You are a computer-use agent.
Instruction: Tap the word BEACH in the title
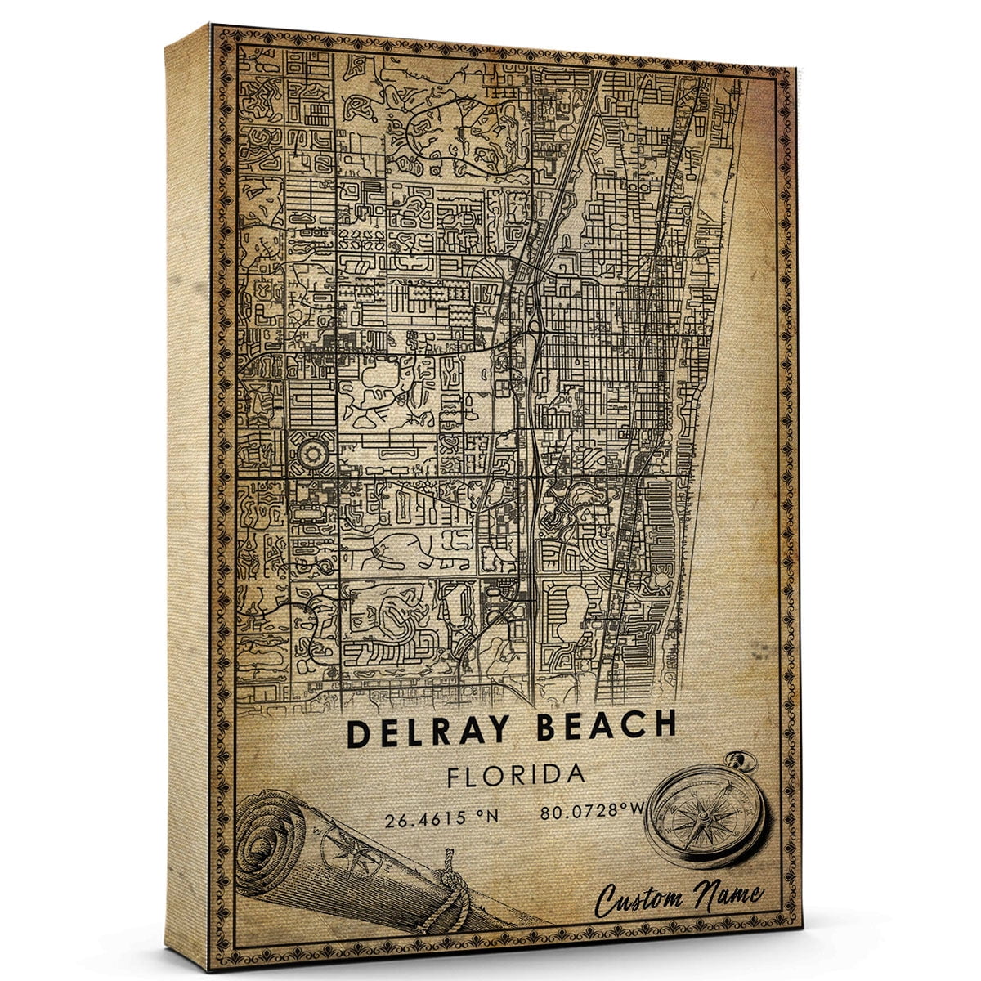coord(607,727)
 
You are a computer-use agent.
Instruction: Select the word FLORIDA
coord(515,775)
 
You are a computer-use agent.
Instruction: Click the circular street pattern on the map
coord(311,451)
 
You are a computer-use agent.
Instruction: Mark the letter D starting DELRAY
coord(357,732)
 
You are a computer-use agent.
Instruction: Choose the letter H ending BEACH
coord(665,724)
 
